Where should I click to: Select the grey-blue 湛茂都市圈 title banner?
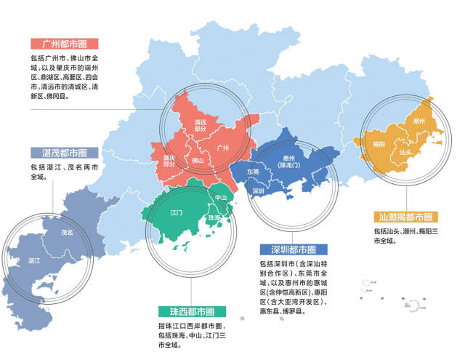(x=59, y=153)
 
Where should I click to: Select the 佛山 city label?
(x=198, y=161)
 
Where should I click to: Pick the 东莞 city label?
(x=253, y=172)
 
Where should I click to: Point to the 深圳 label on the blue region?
(x=258, y=191)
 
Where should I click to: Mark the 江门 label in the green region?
(x=175, y=213)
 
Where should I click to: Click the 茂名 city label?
(x=67, y=233)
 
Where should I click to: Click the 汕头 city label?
(x=405, y=152)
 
